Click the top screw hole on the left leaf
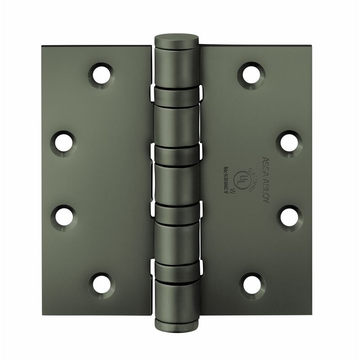[102, 75]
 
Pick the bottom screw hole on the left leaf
[102, 284]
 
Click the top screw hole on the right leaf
[251, 75]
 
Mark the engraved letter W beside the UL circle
[233, 190]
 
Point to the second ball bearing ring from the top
[177, 155]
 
